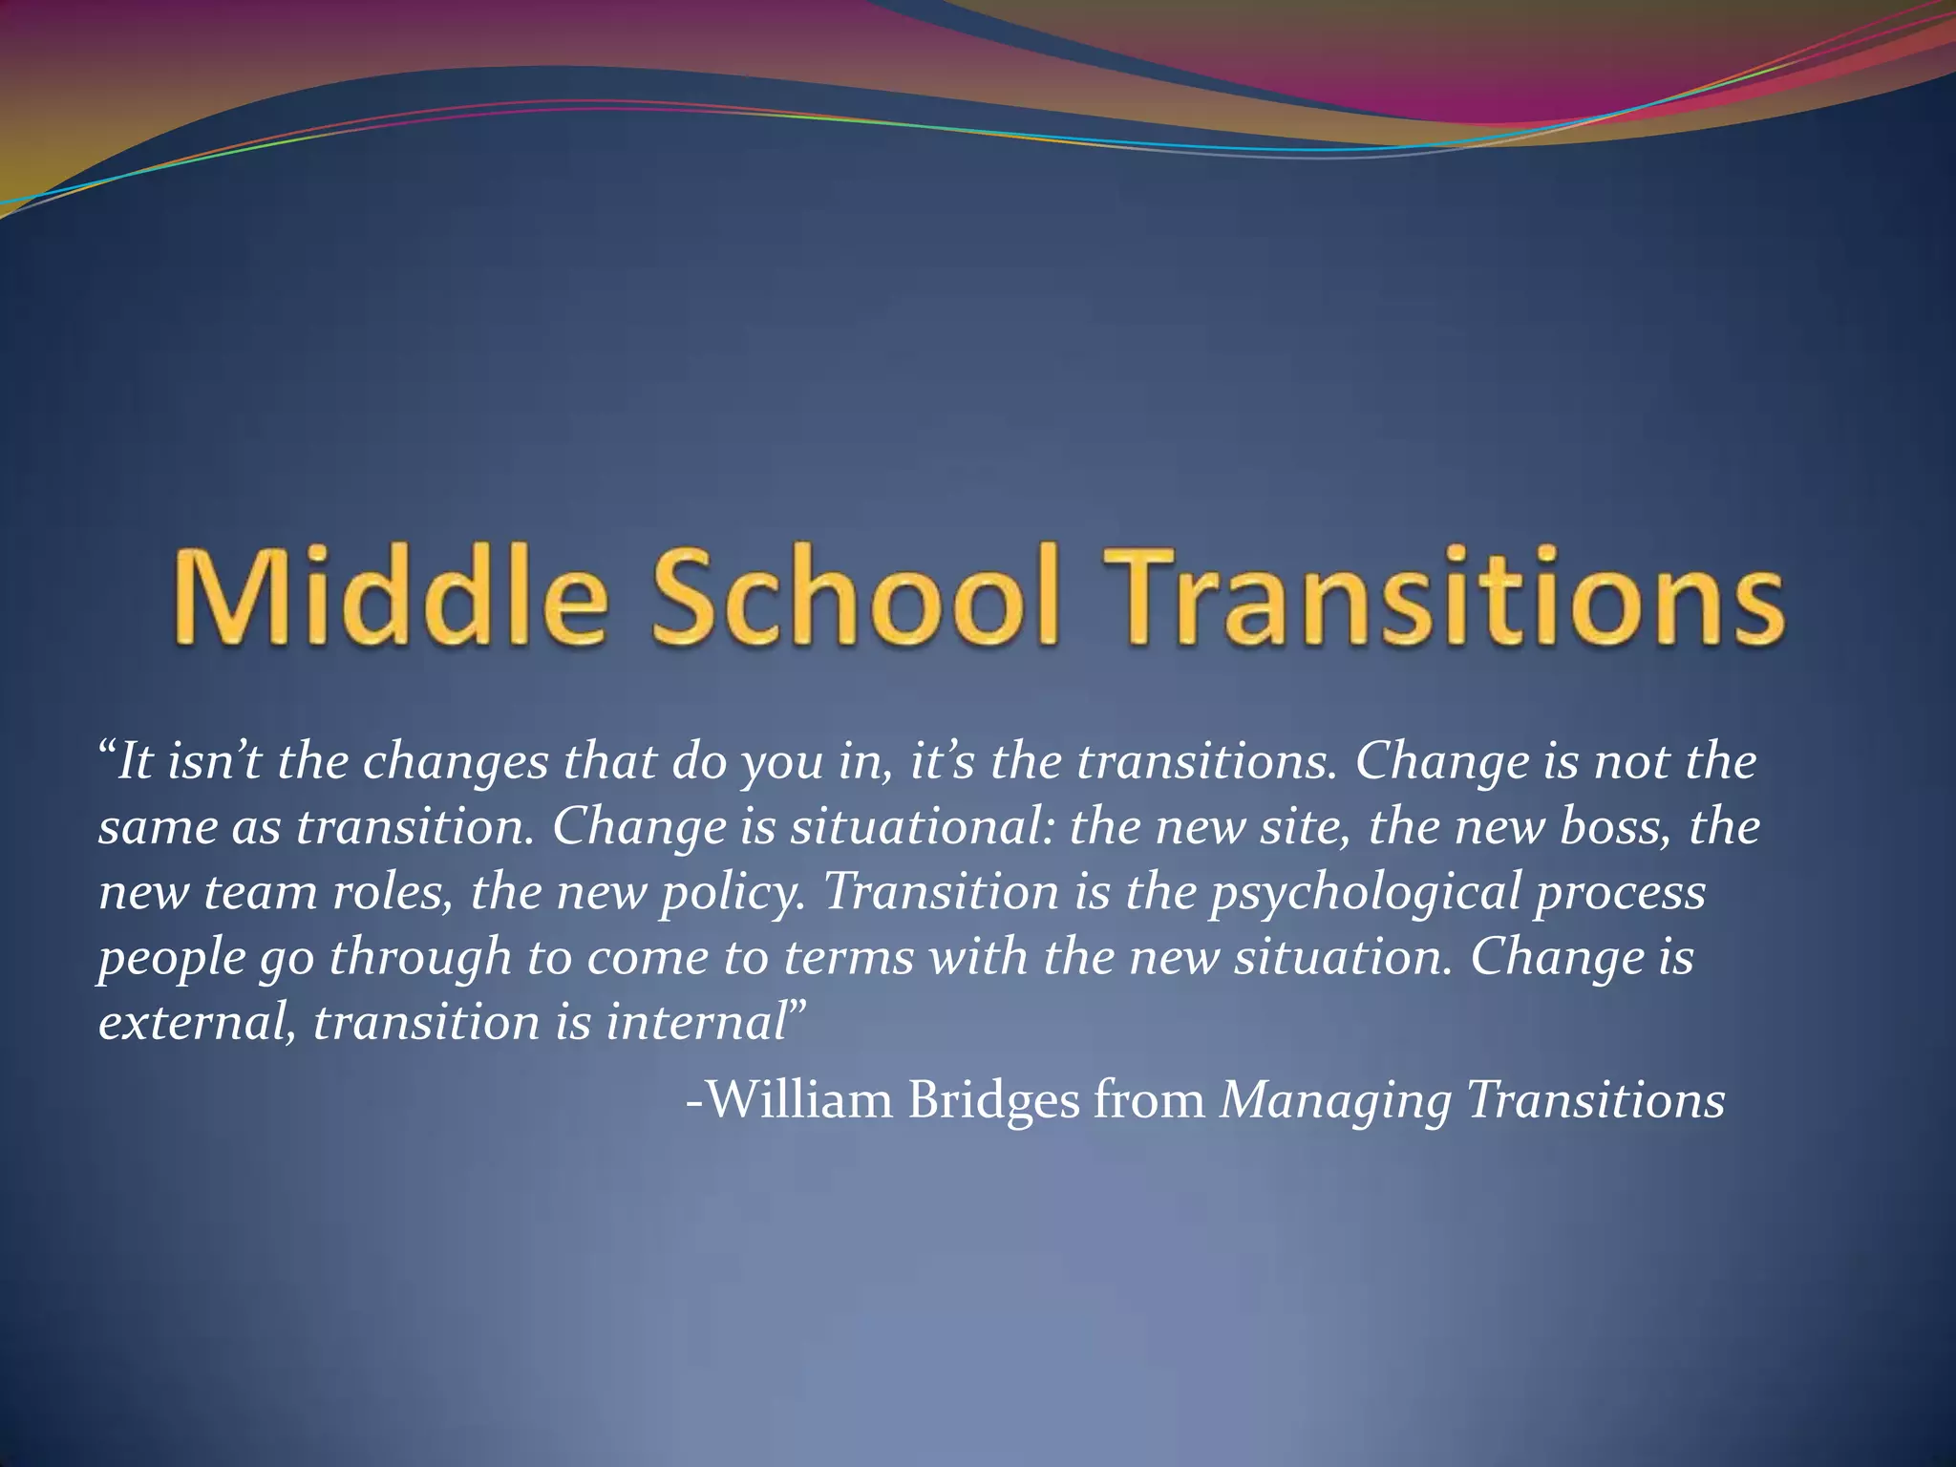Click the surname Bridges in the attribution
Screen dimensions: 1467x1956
pyautogui.click(x=993, y=1099)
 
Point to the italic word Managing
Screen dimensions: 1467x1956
pyautogui.click(x=1336, y=1101)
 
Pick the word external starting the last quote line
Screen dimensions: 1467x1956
pyautogui.click(x=197, y=1023)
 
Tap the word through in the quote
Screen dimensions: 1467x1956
pyautogui.click(x=420, y=958)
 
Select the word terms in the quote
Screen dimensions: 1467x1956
pyautogui.click(x=849, y=958)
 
